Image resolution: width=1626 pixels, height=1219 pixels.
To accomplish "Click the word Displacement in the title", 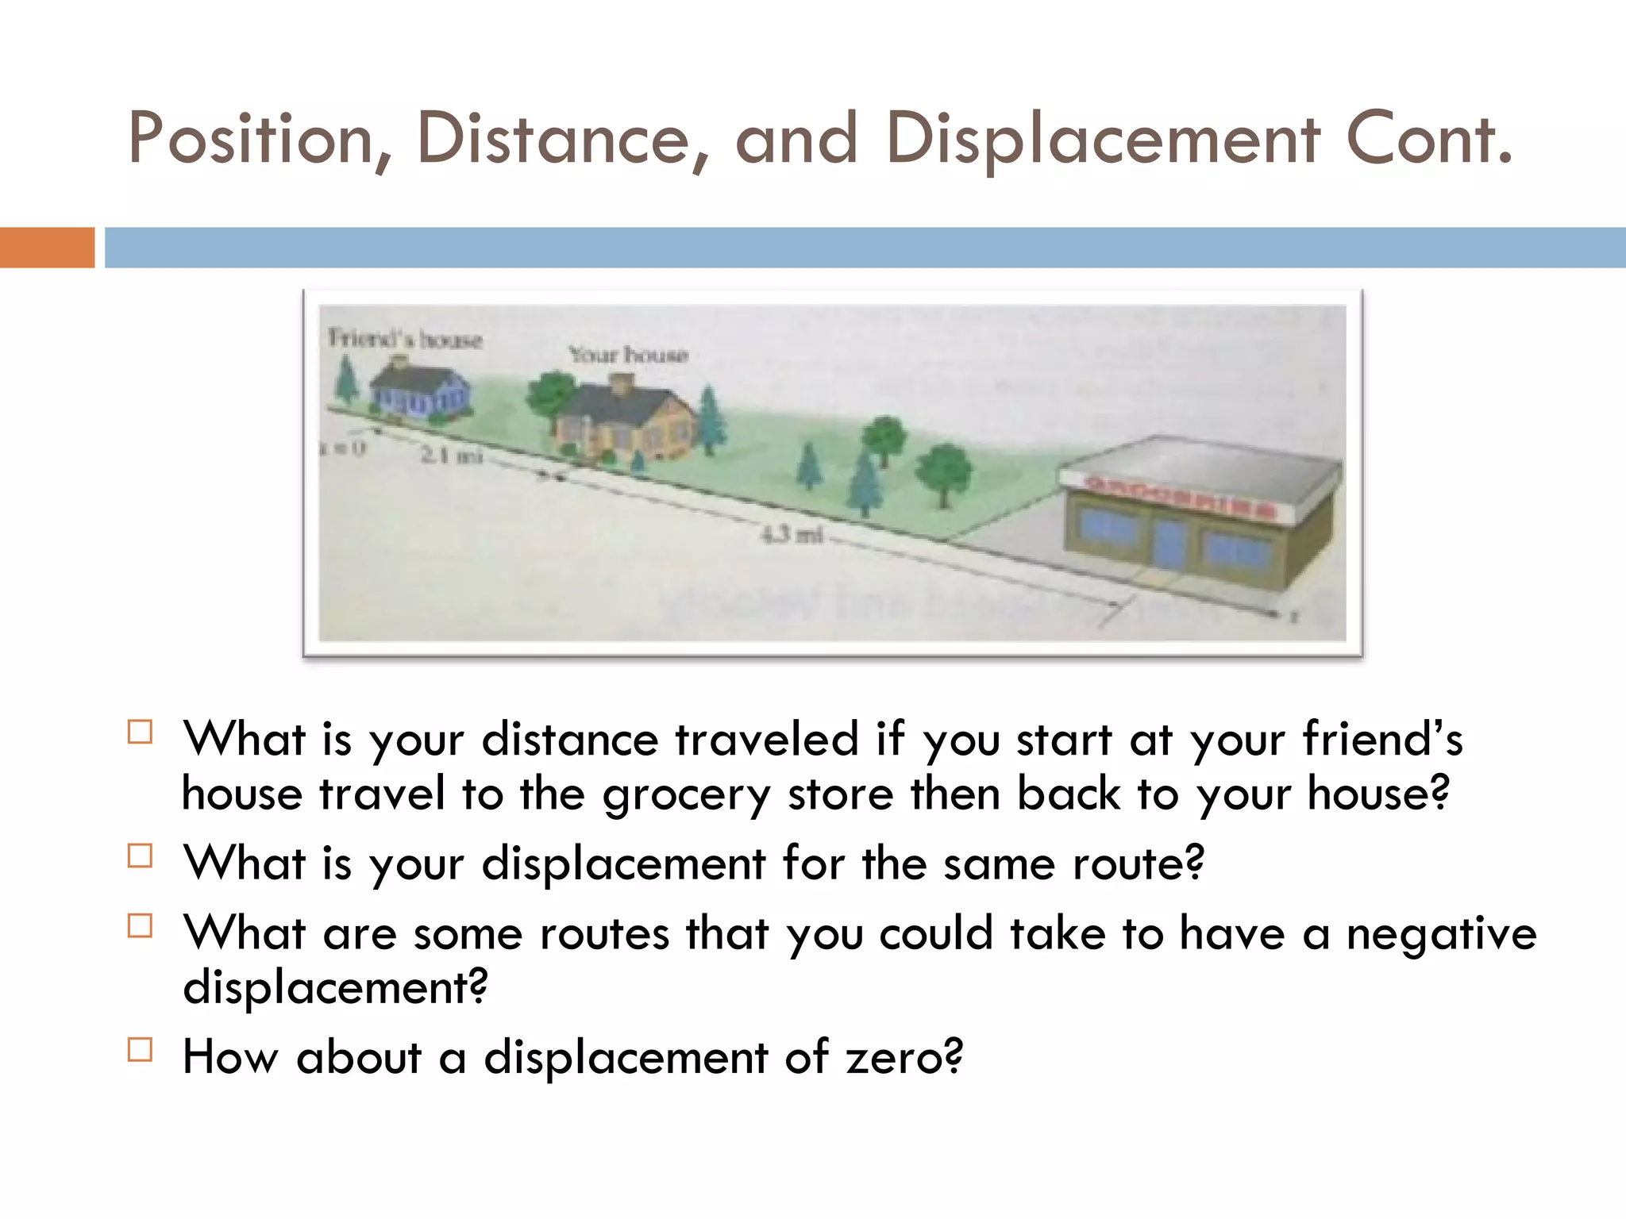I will point(1102,140).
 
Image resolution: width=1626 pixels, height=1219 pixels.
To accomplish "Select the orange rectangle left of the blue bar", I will point(47,247).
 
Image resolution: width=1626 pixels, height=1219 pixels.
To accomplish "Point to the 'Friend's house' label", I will point(405,339).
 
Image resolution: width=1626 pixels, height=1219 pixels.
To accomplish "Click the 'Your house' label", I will point(627,354).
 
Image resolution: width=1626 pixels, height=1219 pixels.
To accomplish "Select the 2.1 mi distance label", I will point(451,455).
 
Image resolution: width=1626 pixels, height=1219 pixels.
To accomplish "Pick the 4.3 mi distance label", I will point(791,534).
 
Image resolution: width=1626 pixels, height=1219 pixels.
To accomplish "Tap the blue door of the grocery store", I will point(1169,543).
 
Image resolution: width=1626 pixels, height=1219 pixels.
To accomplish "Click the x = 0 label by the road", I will point(342,448).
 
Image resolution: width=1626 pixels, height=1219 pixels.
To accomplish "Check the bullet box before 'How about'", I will point(140,1049).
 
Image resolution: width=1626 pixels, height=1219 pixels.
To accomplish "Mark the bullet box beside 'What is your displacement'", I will point(140,856).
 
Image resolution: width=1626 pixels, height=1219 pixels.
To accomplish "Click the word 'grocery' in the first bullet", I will point(686,795).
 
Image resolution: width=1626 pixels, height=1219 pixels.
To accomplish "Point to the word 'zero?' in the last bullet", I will point(904,1057).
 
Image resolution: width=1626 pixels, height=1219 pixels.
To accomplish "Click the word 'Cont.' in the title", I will point(1429,140).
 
